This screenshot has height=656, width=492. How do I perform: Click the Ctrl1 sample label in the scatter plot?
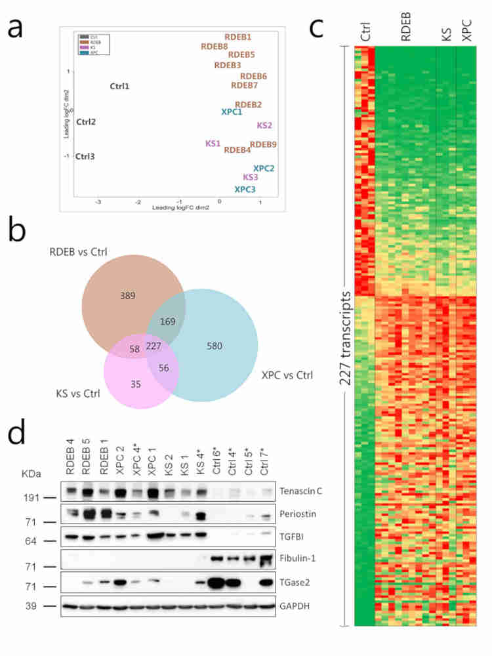point(119,87)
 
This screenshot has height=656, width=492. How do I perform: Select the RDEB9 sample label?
point(263,144)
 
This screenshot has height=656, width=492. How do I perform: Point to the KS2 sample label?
point(264,125)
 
